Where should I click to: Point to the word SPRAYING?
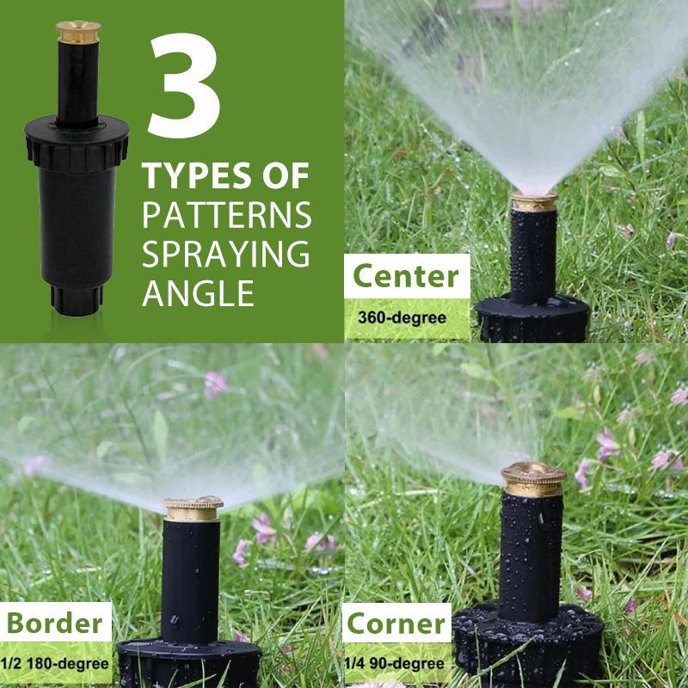225,254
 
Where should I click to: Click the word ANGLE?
198,292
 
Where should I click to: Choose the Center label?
406,277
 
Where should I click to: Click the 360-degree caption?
402,316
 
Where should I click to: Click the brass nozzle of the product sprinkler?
78,32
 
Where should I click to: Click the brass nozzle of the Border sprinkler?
193,507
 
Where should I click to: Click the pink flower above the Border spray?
214,384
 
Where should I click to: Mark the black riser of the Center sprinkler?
533,254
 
